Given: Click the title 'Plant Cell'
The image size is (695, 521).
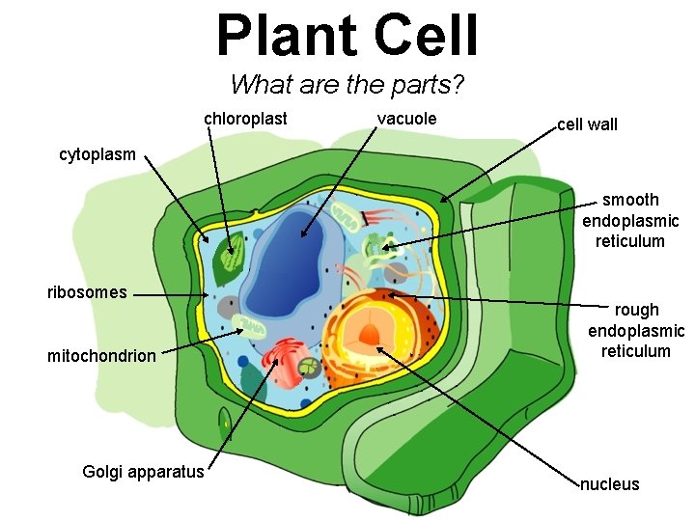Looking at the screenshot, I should click(347, 36).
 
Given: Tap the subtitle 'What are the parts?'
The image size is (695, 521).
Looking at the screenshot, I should click(347, 85).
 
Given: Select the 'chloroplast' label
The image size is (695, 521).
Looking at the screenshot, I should click(245, 119).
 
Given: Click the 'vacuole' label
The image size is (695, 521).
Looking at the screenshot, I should click(406, 119).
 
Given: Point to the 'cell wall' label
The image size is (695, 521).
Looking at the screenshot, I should click(587, 124).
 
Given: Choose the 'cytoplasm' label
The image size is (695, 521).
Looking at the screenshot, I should click(97, 154).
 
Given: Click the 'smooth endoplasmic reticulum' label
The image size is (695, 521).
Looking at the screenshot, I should click(630, 220).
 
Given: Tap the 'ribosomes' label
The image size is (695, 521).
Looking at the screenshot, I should click(87, 292).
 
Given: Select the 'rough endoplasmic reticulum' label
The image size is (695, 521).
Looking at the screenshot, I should click(636, 330).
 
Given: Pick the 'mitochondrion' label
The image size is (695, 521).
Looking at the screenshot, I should click(101, 356).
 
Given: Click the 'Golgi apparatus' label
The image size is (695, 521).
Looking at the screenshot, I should click(144, 472).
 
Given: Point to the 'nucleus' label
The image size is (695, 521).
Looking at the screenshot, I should click(609, 484).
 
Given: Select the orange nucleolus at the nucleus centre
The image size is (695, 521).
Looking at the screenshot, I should click(370, 336).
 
